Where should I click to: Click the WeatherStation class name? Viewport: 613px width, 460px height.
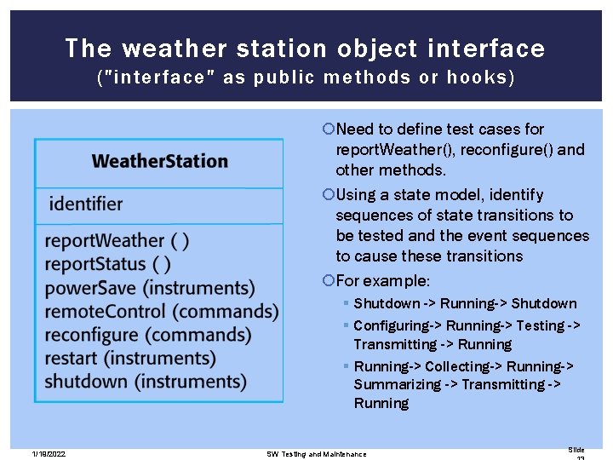pos(159,161)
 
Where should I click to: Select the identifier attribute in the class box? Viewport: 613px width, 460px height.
pos(85,204)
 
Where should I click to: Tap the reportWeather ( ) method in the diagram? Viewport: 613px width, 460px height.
pos(117,241)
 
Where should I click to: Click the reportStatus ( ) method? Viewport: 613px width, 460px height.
pos(107,265)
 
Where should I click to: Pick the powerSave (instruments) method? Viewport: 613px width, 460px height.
pos(150,288)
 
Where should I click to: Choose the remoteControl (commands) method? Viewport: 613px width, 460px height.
pos(162,312)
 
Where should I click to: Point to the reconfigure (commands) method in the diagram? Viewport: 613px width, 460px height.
pos(147,335)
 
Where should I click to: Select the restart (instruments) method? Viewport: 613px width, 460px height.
pos(130,358)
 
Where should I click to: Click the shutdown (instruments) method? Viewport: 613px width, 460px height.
pos(146,381)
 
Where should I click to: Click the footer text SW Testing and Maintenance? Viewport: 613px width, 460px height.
pos(316,453)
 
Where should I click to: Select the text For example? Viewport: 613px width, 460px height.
pos(383,281)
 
